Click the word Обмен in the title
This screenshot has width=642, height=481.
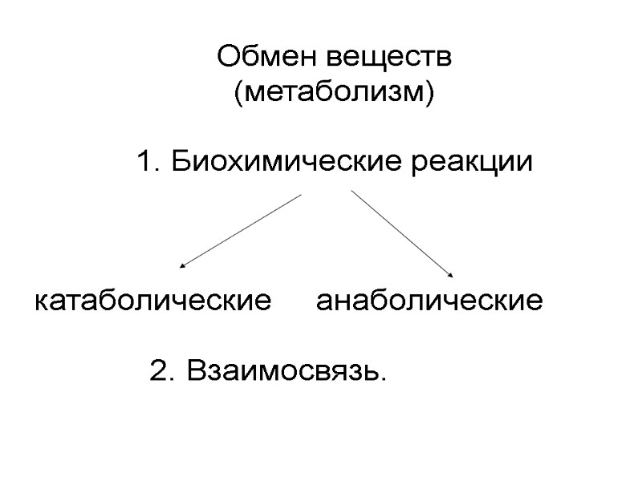coord(258,59)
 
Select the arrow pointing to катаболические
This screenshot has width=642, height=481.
coord(241,230)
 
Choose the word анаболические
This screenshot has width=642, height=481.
coord(430,302)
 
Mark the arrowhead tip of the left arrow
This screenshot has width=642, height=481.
coord(180,267)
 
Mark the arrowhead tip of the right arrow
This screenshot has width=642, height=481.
coord(453,277)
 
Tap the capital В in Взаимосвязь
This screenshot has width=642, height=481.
coord(193,372)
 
